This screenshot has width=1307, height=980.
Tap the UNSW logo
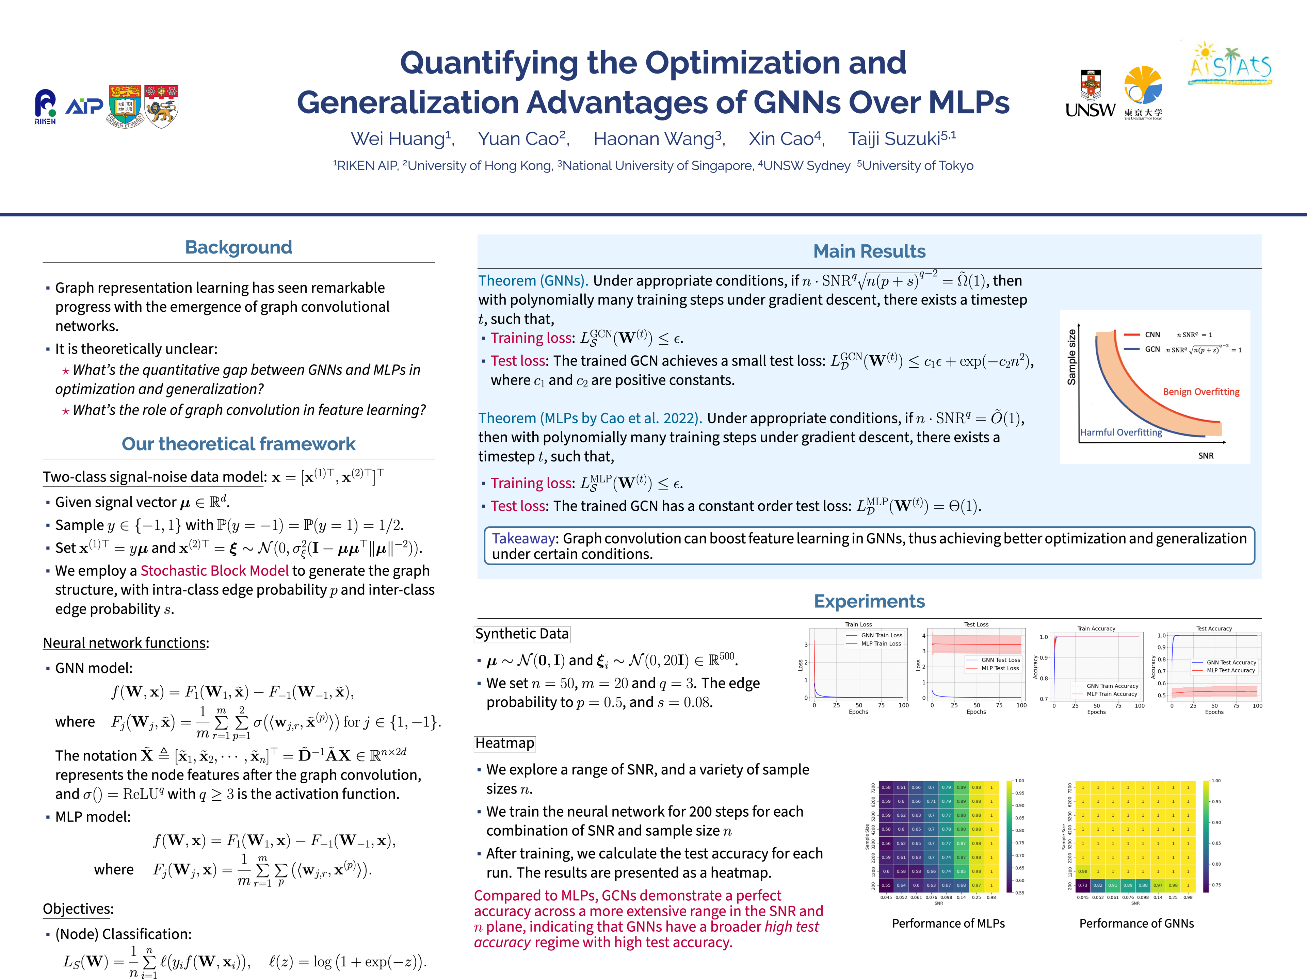pos(1090,95)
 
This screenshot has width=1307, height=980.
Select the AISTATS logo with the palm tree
pos(1230,64)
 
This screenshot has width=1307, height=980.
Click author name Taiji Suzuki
pos(902,139)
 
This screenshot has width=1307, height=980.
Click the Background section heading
pos(238,247)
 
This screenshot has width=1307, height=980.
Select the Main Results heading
pos(869,251)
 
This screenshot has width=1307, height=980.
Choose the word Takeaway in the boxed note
pos(523,538)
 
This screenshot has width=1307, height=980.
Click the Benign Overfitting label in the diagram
pos(1201,392)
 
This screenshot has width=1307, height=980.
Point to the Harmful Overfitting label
pos(1121,432)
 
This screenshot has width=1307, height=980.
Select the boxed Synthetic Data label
pos(522,634)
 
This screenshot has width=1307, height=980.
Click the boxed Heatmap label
pos(505,743)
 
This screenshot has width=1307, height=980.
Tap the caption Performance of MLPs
pos(948,923)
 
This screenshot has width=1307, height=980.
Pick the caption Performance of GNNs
pos(1136,923)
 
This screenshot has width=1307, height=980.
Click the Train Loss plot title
pos(858,624)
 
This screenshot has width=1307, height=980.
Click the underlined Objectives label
pos(78,909)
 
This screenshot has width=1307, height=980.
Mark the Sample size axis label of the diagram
pos(1071,357)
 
